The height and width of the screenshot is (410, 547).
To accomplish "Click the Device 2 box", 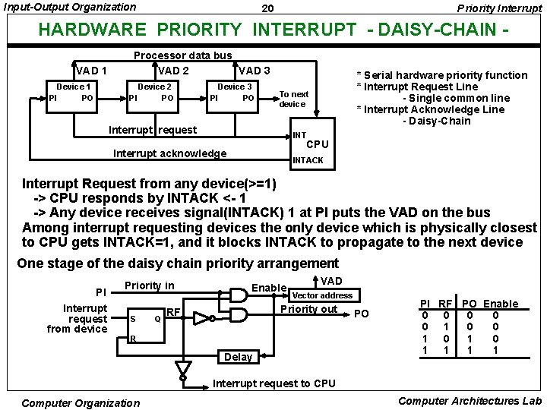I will coord(154,92).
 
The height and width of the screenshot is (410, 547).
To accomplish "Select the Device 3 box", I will coord(235,92).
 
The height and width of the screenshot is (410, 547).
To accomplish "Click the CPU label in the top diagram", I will coord(318,144).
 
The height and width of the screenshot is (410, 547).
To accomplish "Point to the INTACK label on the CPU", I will coord(308,160).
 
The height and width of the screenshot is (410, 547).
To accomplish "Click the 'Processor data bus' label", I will coord(182,55).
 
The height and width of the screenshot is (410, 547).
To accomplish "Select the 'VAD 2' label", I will coord(173,71).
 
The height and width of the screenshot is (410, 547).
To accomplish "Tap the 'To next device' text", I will coord(293,99).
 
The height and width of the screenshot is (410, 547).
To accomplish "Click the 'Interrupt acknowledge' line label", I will coord(169,153).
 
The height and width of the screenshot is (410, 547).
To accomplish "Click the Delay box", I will coord(239,357).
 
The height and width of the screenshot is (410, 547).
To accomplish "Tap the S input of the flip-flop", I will coord(133,319).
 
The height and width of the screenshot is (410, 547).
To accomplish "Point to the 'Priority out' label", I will coord(309,309).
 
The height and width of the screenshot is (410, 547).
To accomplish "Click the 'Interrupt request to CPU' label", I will coord(273,383).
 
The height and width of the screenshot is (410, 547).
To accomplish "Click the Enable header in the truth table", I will coord(501,304).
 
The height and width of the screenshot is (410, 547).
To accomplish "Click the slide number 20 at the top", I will coord(267,8).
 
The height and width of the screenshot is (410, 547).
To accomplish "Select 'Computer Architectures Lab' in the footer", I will coord(470,401).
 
